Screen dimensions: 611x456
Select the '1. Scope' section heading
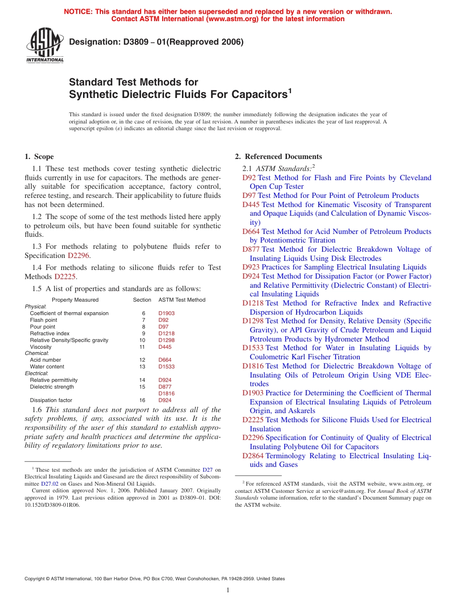click(39, 157)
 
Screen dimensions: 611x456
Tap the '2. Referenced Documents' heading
click(278, 157)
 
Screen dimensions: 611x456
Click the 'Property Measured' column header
click(75, 300)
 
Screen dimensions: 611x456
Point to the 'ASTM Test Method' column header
click(181, 300)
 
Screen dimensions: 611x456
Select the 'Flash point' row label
click(43, 320)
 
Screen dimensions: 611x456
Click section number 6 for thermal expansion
click(143, 313)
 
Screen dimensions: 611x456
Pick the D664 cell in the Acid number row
click(165, 360)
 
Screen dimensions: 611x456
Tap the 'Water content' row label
click(46, 367)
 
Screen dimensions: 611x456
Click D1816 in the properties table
click(166, 393)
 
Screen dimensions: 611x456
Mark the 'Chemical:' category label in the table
click(36, 353)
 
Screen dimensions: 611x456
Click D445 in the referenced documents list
click(251, 205)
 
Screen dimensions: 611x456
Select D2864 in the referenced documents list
click(253, 456)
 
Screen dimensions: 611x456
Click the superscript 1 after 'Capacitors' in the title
click(289, 90)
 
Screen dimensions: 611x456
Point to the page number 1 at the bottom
click(228, 590)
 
